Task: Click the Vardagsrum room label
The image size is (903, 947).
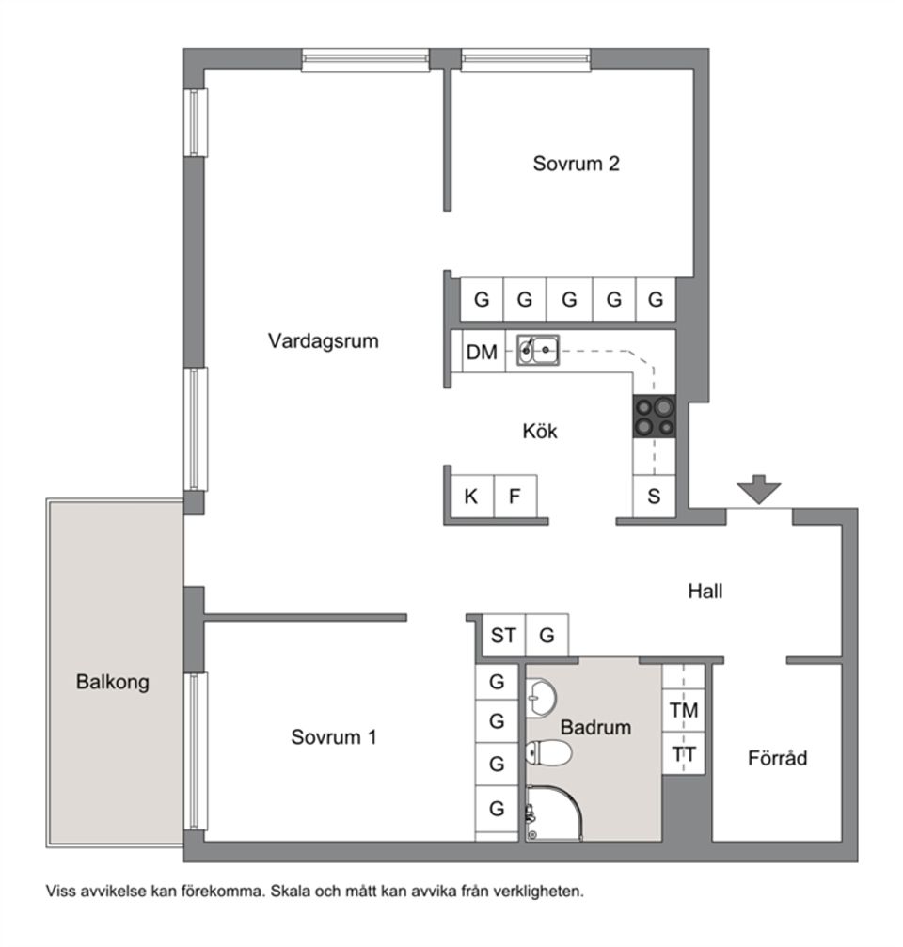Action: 323,340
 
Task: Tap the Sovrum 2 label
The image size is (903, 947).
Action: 576,164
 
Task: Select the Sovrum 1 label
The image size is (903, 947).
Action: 333,737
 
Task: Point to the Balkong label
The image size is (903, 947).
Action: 112,683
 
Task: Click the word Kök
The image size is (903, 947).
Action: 540,432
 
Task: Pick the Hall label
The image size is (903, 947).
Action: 705,592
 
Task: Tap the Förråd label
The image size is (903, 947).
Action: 777,757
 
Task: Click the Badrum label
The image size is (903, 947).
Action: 595,727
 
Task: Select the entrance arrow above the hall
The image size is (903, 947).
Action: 759,491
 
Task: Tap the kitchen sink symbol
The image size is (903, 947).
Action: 538,351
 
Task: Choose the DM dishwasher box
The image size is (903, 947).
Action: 482,353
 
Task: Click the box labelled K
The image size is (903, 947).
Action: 470,496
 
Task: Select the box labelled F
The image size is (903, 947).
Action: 515,496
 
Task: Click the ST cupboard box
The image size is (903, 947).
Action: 502,636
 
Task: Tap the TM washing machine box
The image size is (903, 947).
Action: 684,711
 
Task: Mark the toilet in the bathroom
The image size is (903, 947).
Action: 549,752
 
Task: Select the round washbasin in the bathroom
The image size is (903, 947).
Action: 541,698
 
